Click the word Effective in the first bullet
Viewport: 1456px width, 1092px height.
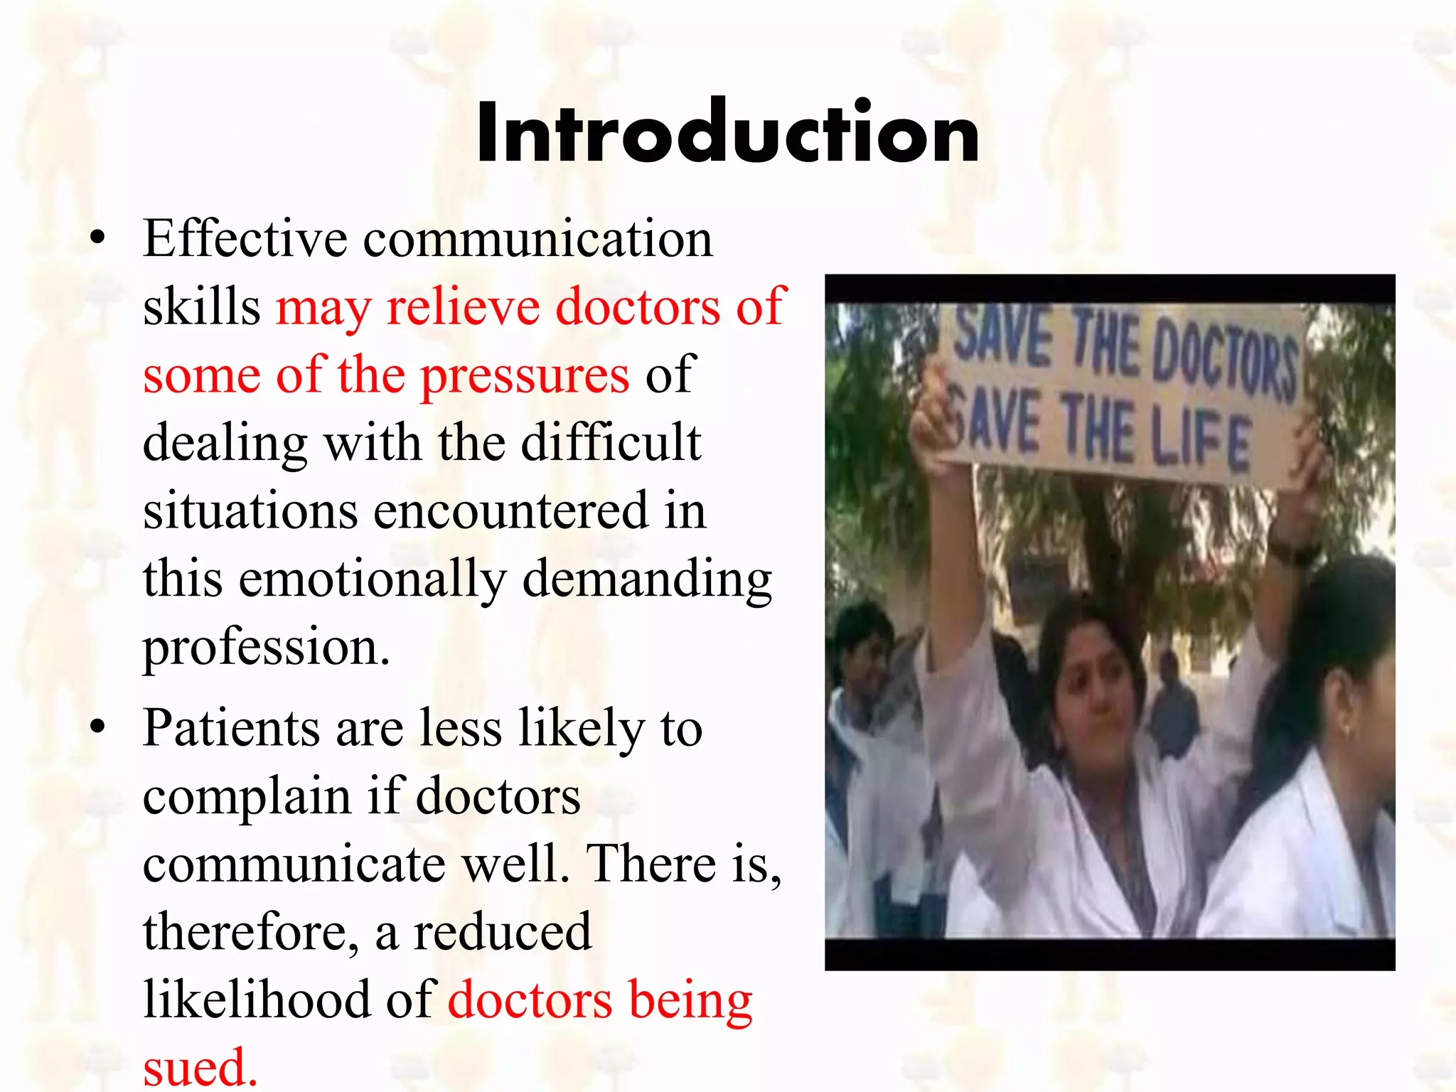(x=245, y=239)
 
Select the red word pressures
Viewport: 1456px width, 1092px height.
(x=525, y=375)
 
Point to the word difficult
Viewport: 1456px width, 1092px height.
(x=611, y=443)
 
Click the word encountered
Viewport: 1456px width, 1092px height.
(x=510, y=511)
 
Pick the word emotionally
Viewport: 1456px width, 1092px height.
(x=373, y=579)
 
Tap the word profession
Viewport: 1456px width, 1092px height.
(x=267, y=648)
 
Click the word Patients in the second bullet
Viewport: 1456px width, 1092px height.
(x=231, y=729)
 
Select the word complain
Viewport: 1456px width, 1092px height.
(x=247, y=798)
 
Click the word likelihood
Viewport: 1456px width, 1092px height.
(x=257, y=1000)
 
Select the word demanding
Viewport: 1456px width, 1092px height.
(x=647, y=579)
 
